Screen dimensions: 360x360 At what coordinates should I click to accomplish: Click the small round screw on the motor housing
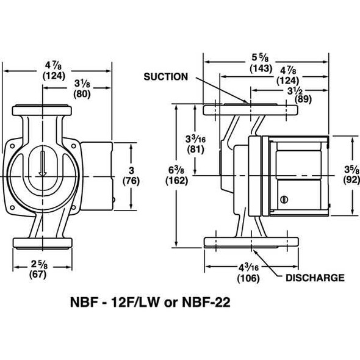(283, 200)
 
